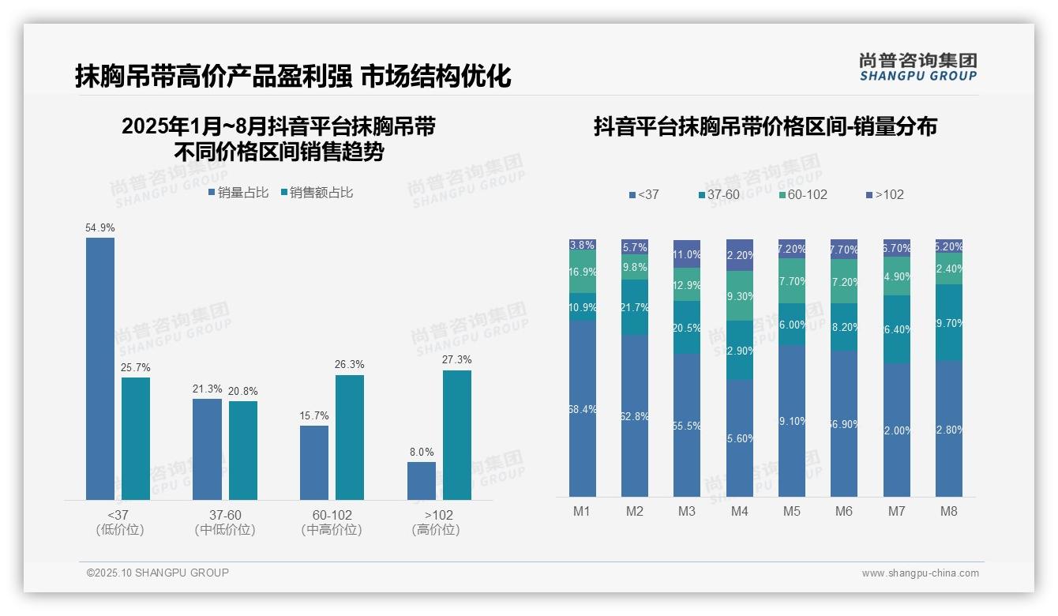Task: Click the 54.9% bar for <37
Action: point(100,368)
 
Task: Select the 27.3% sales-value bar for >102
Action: point(456,434)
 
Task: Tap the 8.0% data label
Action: point(422,453)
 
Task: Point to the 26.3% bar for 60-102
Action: point(350,437)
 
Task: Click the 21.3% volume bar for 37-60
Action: point(207,449)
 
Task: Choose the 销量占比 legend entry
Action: point(238,193)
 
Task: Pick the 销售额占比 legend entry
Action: point(317,193)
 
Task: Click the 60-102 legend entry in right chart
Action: point(803,195)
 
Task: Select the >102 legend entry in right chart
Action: point(885,195)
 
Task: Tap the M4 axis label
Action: point(739,512)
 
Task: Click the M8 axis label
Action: point(949,512)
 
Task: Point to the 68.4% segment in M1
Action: point(583,408)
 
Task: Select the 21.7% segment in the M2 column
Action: point(635,307)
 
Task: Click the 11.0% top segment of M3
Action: point(687,254)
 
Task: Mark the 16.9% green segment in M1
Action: point(583,272)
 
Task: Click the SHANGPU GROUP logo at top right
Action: point(918,67)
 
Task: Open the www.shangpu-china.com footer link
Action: point(920,573)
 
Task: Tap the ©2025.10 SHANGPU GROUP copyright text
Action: point(158,573)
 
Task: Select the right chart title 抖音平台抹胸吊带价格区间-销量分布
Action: point(765,127)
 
